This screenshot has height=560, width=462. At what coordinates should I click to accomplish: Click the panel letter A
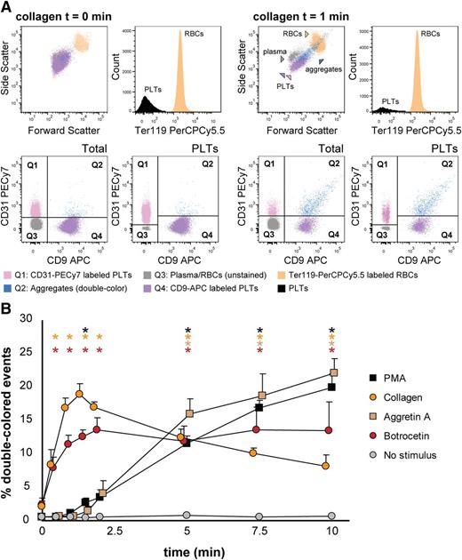[x=7, y=8]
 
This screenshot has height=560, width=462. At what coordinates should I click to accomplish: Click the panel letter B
[x=7, y=310]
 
